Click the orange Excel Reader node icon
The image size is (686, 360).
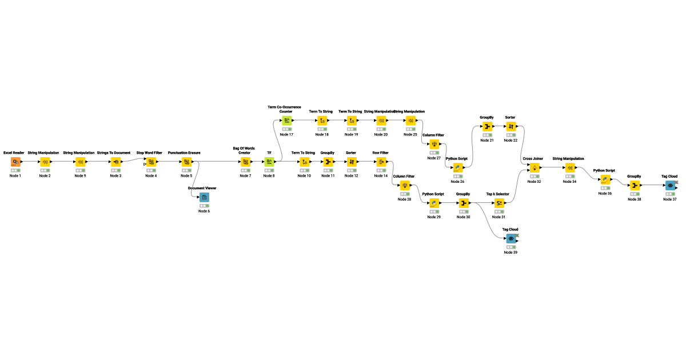click(x=15, y=162)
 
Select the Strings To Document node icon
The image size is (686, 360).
click(x=116, y=162)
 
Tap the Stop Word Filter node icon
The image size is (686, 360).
click(x=151, y=162)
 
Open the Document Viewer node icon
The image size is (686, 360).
click(x=204, y=197)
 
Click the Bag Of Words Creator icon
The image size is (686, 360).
click(x=245, y=162)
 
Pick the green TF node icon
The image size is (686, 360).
click(x=269, y=162)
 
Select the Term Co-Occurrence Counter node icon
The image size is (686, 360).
click(x=287, y=121)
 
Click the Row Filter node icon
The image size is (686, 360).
click(x=381, y=162)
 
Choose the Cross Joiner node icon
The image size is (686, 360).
click(x=534, y=167)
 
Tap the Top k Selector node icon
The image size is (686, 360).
click(x=498, y=203)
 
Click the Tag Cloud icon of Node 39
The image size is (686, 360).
click(x=511, y=238)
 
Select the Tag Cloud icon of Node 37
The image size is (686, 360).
click(x=671, y=185)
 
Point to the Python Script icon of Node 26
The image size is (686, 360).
click(x=457, y=167)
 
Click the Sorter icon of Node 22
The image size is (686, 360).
click(x=511, y=126)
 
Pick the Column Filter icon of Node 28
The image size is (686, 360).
click(x=405, y=185)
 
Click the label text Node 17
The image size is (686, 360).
click(x=287, y=135)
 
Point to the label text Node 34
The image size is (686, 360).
click(x=569, y=182)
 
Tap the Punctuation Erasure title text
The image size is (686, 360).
click(x=184, y=153)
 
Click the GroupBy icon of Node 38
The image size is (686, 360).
click(x=635, y=185)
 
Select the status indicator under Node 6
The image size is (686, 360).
click(x=204, y=206)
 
